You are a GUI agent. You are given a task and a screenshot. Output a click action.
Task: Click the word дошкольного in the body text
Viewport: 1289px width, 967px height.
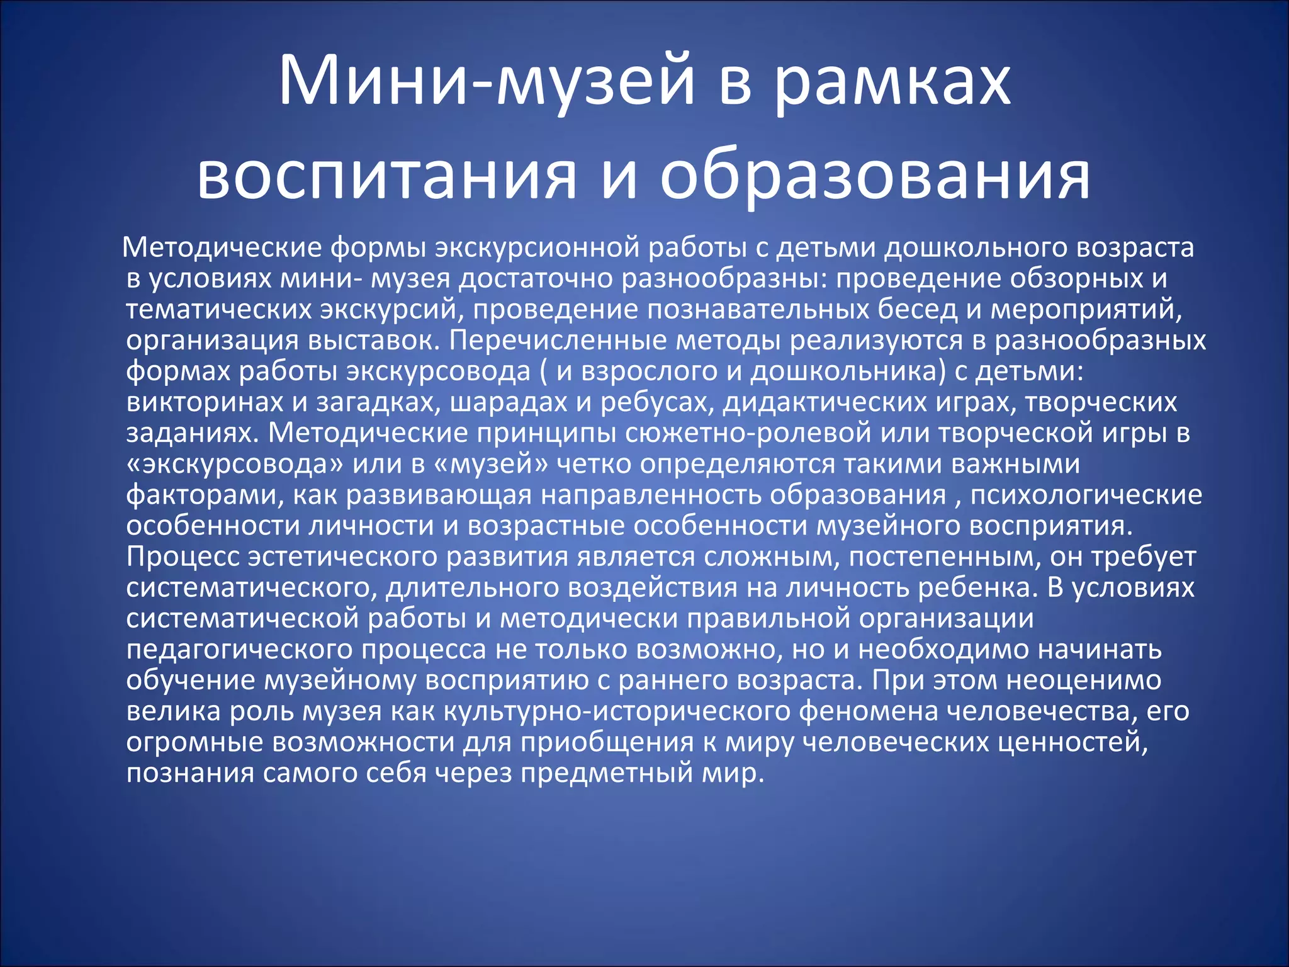tap(967, 247)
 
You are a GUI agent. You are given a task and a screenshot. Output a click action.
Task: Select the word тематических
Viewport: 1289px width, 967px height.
tap(218, 309)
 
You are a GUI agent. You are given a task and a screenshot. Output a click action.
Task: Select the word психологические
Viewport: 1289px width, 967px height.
tap(1086, 495)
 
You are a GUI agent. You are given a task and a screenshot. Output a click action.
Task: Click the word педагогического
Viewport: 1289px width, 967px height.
tap(240, 649)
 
